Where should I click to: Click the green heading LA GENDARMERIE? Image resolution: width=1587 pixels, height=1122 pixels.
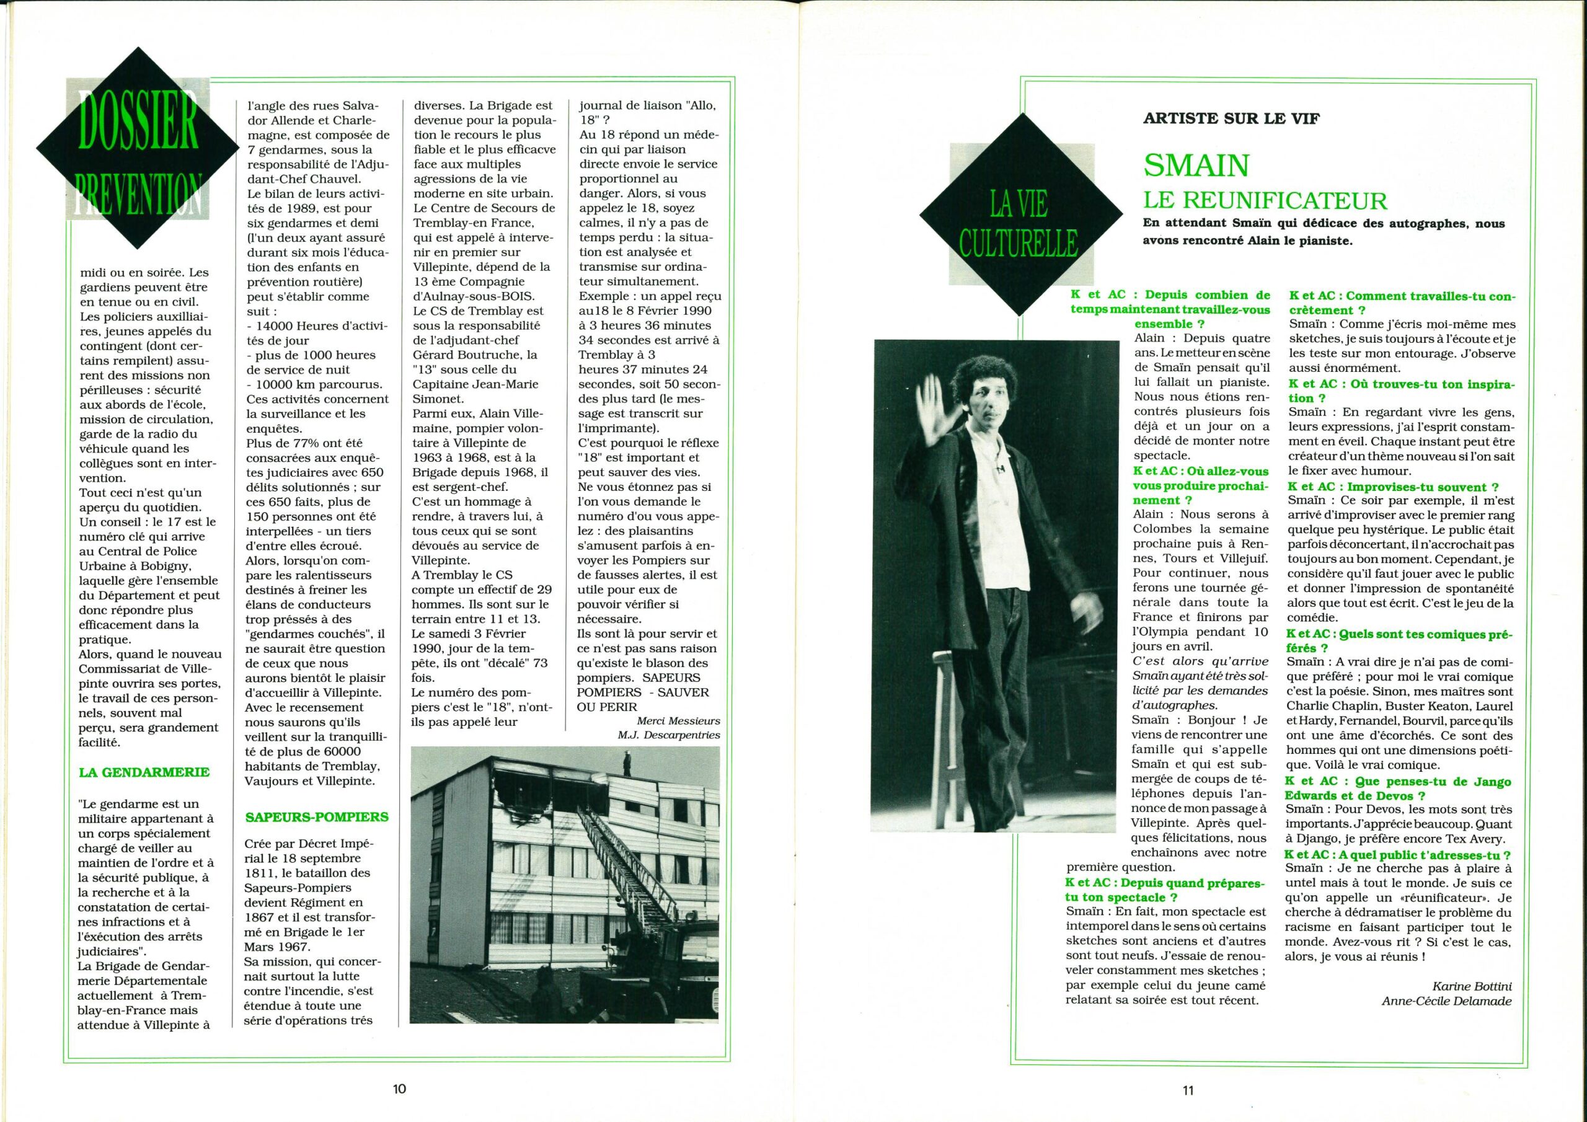[144, 772]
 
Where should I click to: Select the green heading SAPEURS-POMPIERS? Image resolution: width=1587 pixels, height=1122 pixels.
[317, 816]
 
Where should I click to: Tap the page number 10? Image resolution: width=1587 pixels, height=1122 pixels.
[399, 1090]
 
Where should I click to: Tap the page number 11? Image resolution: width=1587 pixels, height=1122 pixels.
[1188, 1090]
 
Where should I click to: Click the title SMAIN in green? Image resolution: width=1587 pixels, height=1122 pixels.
[1196, 164]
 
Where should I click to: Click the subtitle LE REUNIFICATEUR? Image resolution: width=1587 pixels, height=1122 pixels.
[1265, 200]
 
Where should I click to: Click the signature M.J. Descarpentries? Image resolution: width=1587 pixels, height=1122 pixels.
[669, 734]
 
